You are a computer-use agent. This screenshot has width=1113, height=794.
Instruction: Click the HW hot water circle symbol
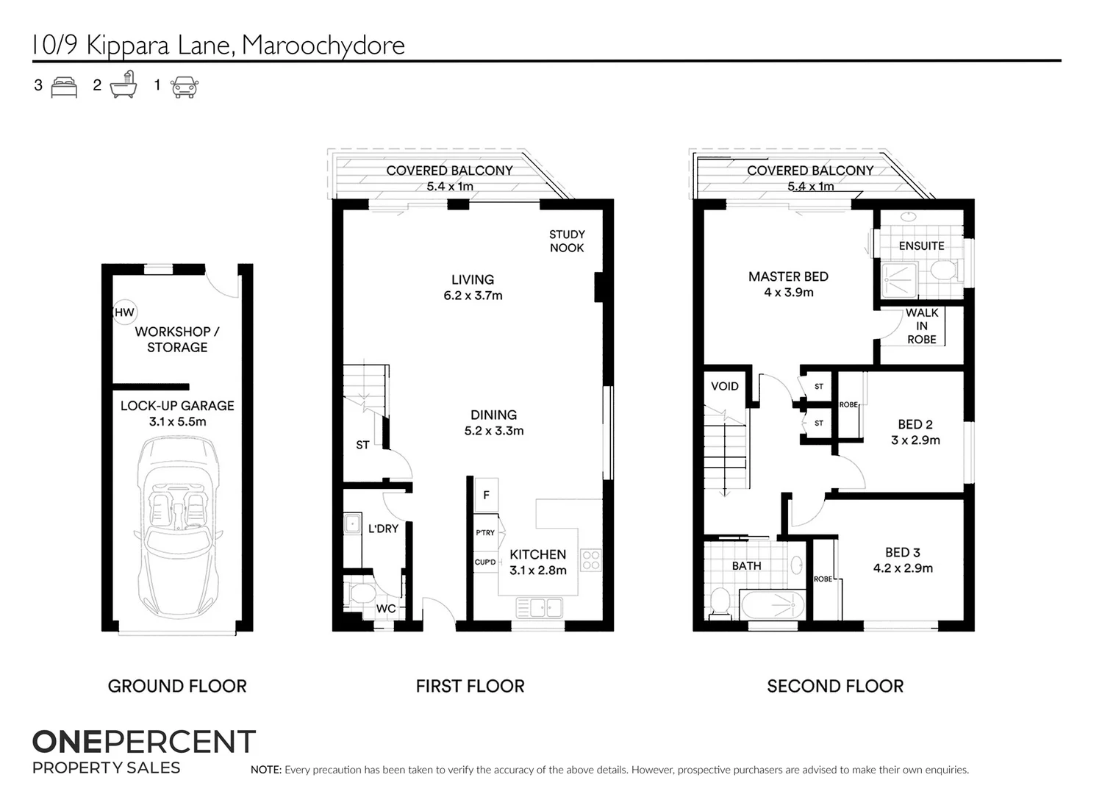click(124, 312)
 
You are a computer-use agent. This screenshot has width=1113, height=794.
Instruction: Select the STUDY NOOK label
click(567, 241)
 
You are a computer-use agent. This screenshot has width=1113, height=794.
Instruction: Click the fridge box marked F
click(486, 495)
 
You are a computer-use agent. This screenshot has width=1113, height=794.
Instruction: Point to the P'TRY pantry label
click(485, 533)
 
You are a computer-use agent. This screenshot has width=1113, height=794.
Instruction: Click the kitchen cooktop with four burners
click(591, 559)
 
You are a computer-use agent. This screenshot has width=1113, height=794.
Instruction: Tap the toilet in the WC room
click(362, 593)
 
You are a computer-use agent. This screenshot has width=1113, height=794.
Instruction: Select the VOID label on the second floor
click(724, 386)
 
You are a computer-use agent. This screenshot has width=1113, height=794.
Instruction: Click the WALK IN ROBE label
click(922, 326)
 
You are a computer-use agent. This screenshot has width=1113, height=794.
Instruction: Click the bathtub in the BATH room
click(772, 605)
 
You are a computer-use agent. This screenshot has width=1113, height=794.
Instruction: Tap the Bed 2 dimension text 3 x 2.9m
click(915, 440)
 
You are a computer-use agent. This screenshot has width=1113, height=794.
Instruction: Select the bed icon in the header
click(64, 87)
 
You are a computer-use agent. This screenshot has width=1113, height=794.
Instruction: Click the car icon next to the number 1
click(185, 87)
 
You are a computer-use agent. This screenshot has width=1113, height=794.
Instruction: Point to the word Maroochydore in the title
click(323, 46)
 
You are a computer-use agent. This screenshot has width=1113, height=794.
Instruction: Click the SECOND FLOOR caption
click(835, 686)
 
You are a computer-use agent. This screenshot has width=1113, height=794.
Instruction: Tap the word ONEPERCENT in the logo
click(144, 742)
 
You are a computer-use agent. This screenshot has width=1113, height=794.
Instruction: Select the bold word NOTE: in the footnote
click(266, 770)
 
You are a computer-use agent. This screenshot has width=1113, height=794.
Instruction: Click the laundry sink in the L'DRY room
click(352, 523)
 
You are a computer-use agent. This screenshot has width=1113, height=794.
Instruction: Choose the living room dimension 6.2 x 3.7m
click(473, 296)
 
